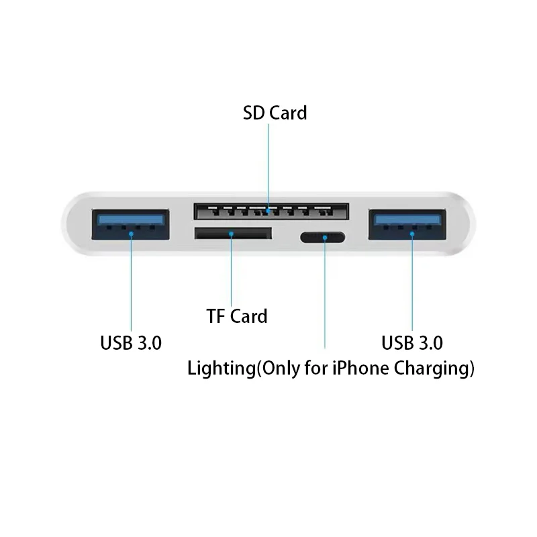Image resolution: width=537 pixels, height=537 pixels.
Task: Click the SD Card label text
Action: point(275,113)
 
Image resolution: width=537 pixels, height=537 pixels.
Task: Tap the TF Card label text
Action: point(237,315)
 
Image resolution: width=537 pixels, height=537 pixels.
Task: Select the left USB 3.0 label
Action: point(131,342)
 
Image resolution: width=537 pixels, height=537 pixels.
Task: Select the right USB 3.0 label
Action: point(412,342)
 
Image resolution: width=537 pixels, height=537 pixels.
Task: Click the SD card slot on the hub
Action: point(271,211)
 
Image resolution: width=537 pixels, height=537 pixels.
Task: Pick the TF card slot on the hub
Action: point(233,234)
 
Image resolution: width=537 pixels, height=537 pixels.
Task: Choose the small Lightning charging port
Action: point(322,237)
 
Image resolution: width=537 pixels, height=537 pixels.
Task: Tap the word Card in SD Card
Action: point(288,113)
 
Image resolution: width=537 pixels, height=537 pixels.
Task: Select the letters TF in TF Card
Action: point(215,315)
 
